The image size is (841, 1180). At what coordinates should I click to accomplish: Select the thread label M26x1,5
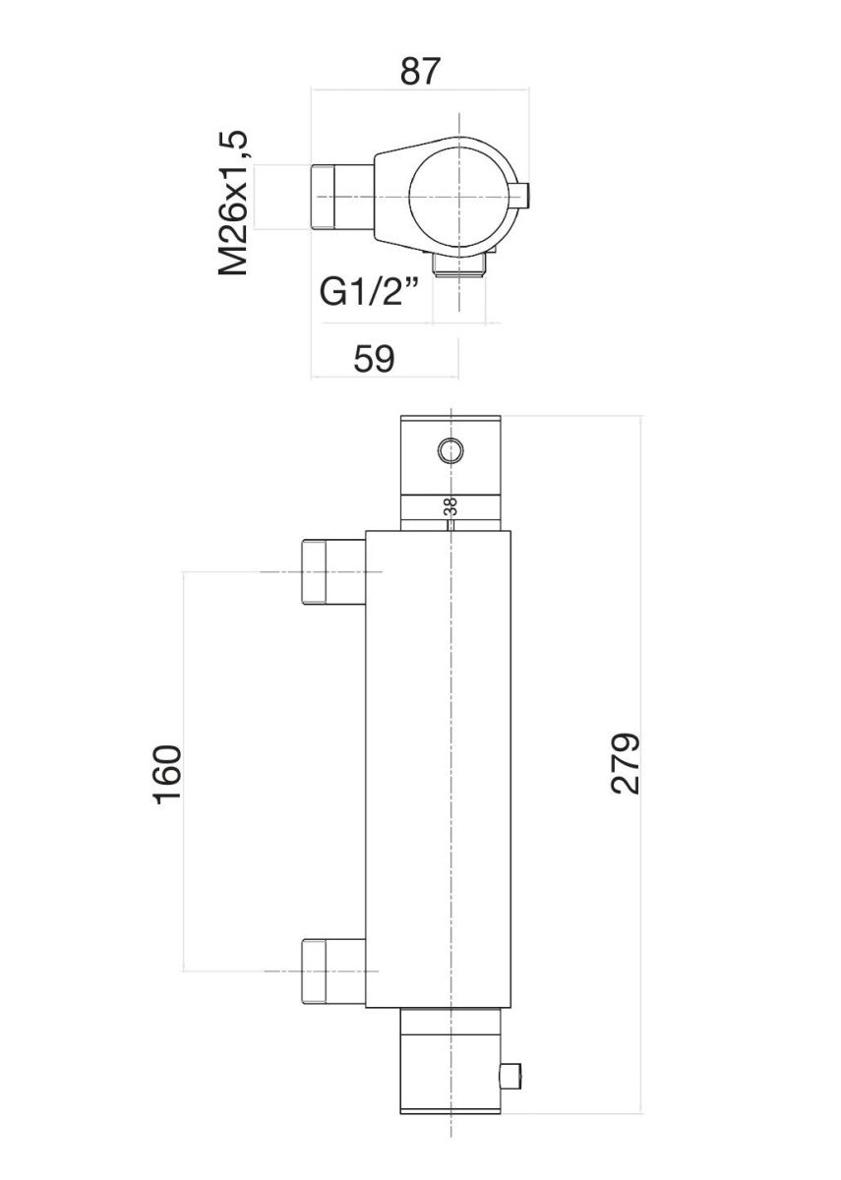234,203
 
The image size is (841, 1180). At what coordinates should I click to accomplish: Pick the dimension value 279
625,762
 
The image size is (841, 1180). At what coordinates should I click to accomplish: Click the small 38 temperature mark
451,507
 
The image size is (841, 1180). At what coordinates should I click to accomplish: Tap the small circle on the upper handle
451,451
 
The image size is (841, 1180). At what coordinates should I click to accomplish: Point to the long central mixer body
440,767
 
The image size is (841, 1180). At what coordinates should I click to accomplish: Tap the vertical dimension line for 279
641,885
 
